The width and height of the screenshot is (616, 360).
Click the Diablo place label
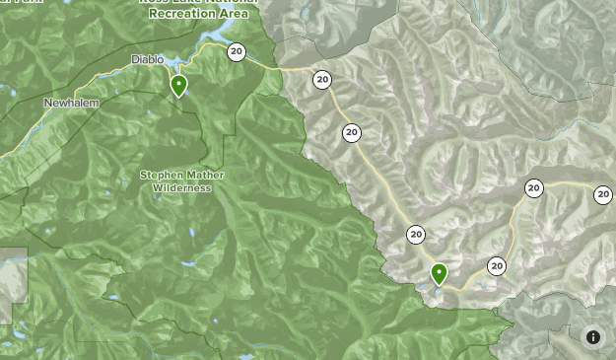(x=148, y=60)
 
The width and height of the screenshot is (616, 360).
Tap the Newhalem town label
(x=72, y=103)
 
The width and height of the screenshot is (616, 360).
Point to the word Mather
(x=205, y=176)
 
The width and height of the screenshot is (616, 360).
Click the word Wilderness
(x=182, y=187)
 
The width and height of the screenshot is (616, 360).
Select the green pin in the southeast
(x=439, y=273)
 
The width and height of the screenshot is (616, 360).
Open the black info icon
(x=593, y=337)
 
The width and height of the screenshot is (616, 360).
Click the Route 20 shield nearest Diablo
(x=236, y=52)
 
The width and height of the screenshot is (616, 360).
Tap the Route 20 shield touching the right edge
(x=603, y=195)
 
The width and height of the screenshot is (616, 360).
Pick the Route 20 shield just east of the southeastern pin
(x=497, y=266)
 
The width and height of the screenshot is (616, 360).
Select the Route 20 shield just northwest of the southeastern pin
(x=416, y=235)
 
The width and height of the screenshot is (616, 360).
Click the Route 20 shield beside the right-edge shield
(x=533, y=188)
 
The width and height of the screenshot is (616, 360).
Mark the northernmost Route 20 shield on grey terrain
(x=322, y=80)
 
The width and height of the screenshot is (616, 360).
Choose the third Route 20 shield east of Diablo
(x=352, y=133)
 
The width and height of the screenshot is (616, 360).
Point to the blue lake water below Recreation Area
(x=215, y=39)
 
